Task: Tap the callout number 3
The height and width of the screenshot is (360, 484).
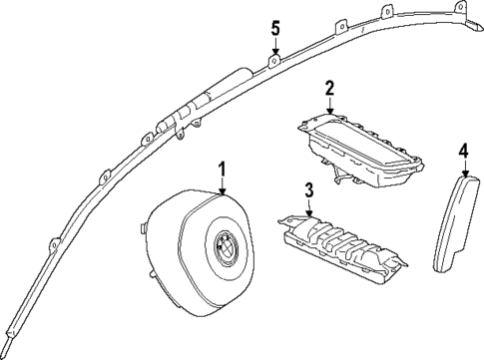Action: tap(309, 189)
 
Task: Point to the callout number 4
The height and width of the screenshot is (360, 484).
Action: tap(462, 152)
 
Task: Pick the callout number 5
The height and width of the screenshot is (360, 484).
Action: tap(274, 29)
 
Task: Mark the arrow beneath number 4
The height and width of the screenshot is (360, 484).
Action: tap(462, 168)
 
